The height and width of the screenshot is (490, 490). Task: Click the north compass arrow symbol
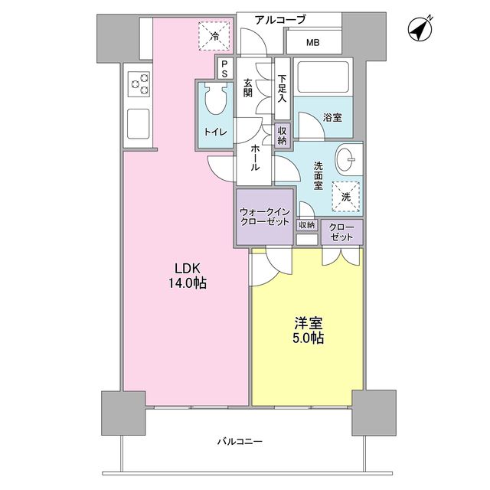(420, 28)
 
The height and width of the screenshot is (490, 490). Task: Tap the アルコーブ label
(280, 20)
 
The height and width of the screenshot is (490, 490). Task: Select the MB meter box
(313, 42)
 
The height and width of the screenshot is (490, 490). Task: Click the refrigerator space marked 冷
(215, 36)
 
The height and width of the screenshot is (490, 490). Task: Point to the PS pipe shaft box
(224, 69)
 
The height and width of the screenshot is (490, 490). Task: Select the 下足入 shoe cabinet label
(283, 89)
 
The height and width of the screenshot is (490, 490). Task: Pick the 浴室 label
(332, 117)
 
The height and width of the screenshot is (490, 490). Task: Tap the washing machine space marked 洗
(346, 196)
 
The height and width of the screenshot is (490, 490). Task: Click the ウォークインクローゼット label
(263, 216)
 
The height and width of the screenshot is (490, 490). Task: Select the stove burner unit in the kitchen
(139, 83)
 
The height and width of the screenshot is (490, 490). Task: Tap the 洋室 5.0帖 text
(306, 330)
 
